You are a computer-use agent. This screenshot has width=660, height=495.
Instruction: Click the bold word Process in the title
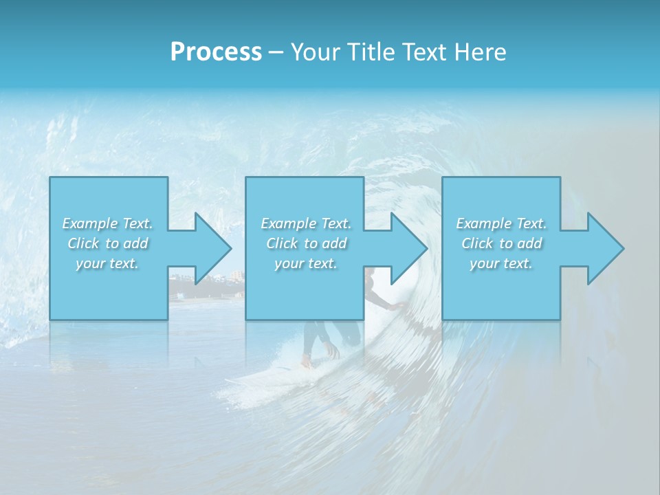click(216, 52)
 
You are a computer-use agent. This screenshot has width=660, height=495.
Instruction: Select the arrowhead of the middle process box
click(408, 248)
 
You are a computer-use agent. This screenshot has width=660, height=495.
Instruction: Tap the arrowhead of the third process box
click(604, 248)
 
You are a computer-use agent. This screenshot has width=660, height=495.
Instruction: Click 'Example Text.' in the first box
click(107, 223)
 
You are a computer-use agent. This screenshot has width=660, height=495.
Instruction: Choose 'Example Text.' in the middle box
click(305, 223)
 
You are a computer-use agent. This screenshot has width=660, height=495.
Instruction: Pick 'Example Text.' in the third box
click(501, 223)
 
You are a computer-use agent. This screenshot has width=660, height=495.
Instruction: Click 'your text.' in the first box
click(107, 263)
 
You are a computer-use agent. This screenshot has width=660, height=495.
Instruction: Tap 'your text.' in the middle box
click(305, 263)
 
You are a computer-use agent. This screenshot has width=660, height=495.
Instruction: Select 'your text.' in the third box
click(501, 263)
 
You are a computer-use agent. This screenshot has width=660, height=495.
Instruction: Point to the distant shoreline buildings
click(206, 278)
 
